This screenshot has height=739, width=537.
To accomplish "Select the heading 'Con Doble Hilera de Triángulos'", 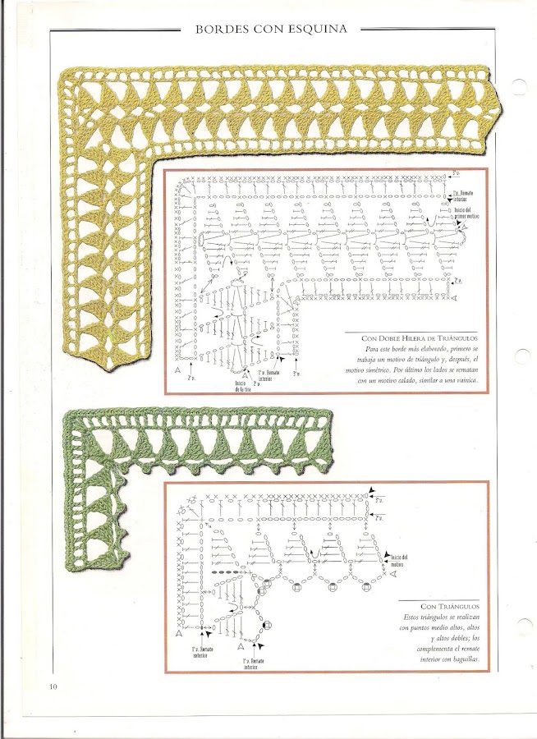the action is pyautogui.click(x=420, y=338).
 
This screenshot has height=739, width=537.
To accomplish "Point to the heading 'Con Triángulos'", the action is pyautogui.click(x=450, y=604).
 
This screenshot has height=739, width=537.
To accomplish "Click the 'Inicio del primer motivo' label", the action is pyautogui.click(x=466, y=214).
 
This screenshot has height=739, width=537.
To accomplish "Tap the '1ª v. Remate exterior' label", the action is pyautogui.click(x=200, y=651).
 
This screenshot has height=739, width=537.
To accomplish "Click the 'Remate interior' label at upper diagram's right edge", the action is pyautogui.click(x=465, y=195).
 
